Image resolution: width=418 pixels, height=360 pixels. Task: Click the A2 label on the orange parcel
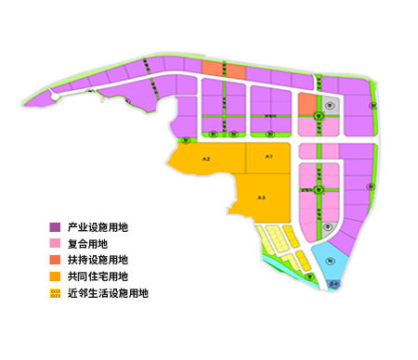click(206, 161)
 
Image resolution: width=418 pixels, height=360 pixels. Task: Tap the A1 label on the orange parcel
click(268, 158)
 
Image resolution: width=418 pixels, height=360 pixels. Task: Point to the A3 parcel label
click(262, 198)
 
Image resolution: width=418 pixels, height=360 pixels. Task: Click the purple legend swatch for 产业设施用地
click(55, 226)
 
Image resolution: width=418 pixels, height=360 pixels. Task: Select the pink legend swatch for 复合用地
click(55, 243)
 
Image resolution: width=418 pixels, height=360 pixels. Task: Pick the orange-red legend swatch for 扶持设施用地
click(55, 260)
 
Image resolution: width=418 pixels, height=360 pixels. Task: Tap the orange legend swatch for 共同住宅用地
click(55, 276)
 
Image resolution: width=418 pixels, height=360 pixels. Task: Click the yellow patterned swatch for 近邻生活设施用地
click(55, 293)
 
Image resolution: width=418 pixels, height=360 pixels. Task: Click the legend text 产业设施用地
click(98, 226)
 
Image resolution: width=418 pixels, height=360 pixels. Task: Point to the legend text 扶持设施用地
click(98, 260)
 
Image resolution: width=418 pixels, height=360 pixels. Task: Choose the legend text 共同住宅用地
click(98, 276)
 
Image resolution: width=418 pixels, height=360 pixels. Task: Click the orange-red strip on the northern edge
click(223, 70)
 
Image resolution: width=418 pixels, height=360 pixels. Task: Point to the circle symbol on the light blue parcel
click(331, 263)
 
